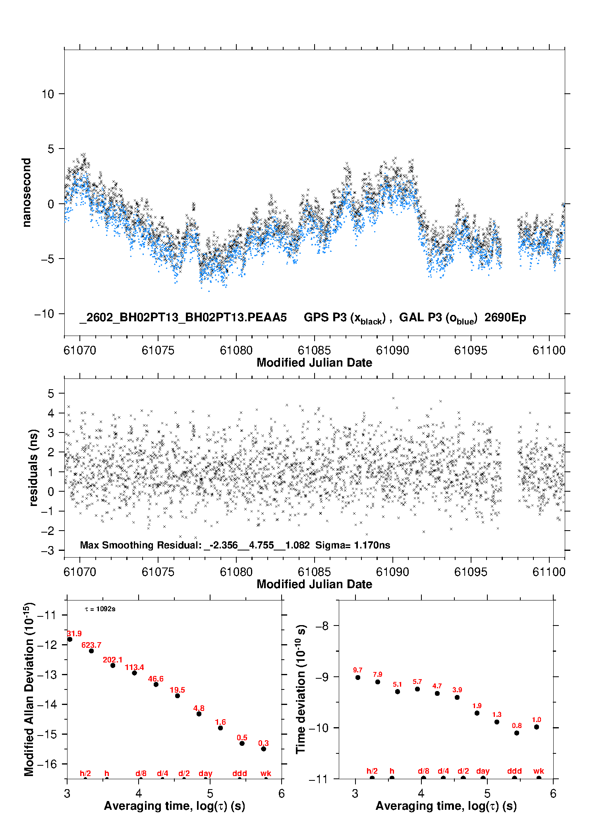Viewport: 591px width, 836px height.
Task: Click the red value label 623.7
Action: coord(91,645)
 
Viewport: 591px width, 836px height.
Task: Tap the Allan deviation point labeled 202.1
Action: coord(113,665)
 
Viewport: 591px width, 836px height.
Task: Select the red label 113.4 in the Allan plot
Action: coord(134,667)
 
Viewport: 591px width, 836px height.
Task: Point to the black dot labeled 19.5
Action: coord(178,695)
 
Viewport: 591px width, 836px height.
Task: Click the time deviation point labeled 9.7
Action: coord(358,677)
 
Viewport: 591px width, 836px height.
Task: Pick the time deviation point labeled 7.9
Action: coord(378,682)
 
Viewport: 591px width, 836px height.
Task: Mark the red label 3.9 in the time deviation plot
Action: coord(457,690)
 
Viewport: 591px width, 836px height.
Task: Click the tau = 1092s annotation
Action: coord(100,609)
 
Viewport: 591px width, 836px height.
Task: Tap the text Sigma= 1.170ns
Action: coord(353,545)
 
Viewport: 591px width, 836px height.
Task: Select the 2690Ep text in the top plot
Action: coord(505,317)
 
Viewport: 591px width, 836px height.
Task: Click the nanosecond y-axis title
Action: coord(26,192)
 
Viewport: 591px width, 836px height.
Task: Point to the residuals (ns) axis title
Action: coord(34,467)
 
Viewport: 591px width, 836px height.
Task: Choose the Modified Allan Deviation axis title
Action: coord(29,689)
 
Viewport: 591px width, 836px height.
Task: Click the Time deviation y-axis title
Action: coord(301,689)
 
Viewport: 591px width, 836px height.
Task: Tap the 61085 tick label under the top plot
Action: coord(314,350)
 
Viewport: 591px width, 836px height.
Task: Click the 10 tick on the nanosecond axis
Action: coord(48,94)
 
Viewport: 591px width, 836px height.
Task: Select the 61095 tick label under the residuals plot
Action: coord(471,572)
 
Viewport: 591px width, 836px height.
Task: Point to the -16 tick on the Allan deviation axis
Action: coord(46,764)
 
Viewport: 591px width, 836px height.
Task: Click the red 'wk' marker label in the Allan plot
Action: coord(266,773)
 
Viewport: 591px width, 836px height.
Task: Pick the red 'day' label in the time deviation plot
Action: coord(483,771)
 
